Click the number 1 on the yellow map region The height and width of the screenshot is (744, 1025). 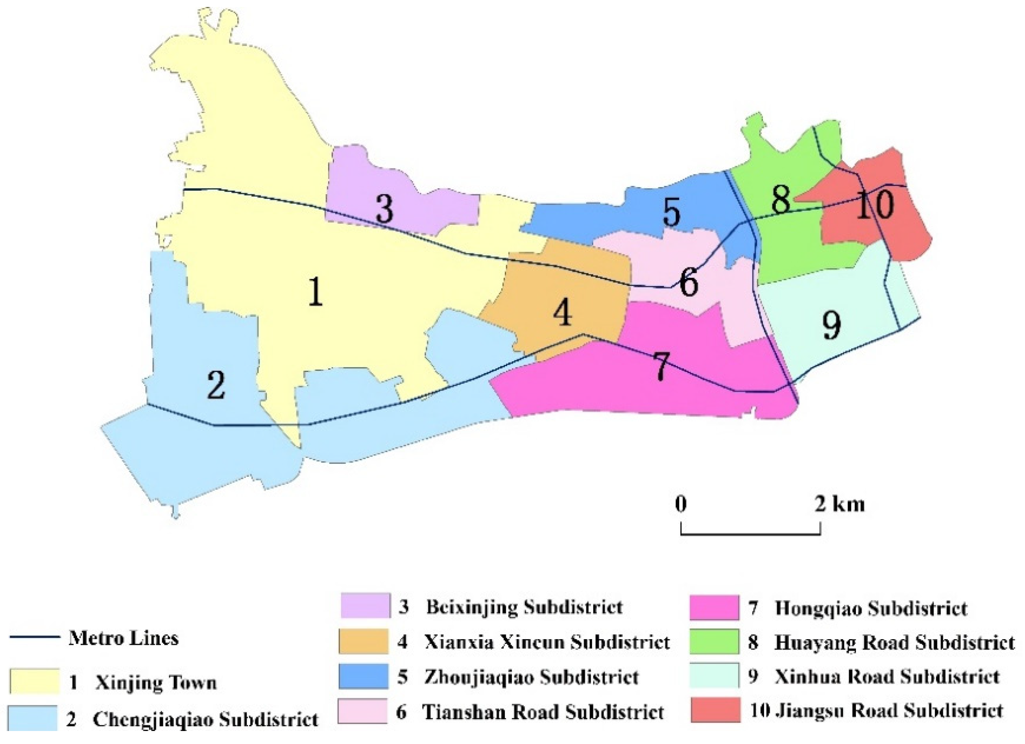click(316, 291)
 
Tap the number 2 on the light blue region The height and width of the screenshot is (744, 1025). click(216, 384)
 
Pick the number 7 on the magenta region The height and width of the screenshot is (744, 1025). click(661, 366)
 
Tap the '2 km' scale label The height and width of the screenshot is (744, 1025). click(840, 504)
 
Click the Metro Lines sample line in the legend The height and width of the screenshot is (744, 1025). click(35, 638)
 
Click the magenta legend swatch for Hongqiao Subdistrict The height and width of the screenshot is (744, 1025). click(715, 608)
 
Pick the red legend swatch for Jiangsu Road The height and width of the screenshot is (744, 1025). click(715, 711)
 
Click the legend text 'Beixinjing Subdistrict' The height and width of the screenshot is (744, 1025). click(524, 607)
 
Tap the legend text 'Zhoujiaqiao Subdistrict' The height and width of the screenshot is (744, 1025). click(531, 677)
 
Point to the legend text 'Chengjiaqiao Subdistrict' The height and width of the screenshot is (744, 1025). click(205, 719)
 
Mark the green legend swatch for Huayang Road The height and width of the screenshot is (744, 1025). click(715, 641)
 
